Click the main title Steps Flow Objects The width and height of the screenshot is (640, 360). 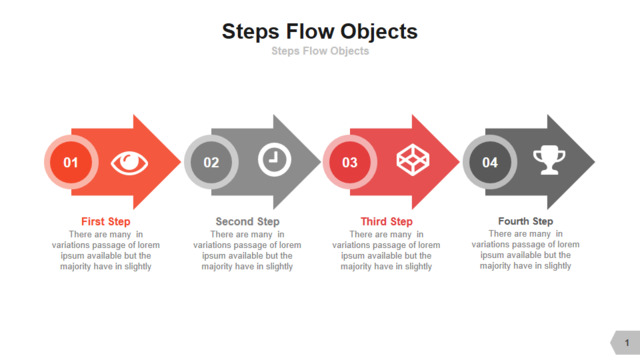320,32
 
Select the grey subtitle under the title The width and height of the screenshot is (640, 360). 320,51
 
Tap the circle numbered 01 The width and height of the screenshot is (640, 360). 71,162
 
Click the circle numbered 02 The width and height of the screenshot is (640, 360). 211,162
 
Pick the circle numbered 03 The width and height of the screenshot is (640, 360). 350,162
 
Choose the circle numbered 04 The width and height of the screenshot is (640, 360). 490,162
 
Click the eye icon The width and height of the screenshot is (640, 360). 129,163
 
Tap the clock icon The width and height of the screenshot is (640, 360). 274,160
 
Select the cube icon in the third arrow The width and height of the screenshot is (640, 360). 413,160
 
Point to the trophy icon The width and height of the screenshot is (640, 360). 549,160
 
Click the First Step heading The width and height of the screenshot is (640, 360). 106,222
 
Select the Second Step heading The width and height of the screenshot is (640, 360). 247,222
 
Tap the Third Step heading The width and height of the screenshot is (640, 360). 387,222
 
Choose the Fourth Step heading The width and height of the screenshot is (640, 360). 526,221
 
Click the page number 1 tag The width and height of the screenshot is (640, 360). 625,342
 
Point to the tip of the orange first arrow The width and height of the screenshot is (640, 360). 181,162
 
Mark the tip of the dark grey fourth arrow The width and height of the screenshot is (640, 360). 595,162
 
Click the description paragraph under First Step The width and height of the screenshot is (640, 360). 106,250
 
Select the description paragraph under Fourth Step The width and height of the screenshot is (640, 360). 526,250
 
